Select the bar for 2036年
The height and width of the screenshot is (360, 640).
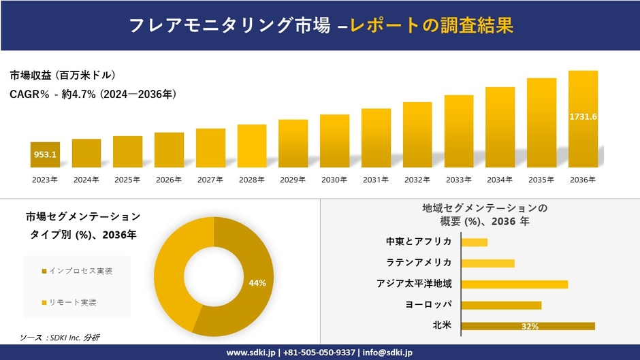click(x=583, y=119)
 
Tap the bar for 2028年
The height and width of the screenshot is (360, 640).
click(x=252, y=146)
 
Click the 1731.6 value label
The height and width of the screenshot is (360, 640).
click(x=583, y=117)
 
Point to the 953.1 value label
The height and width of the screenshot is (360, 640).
click(x=45, y=154)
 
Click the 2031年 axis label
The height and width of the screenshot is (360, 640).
click(x=376, y=180)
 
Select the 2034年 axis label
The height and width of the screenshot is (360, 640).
click(x=500, y=180)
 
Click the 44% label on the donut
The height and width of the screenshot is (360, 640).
click(x=257, y=283)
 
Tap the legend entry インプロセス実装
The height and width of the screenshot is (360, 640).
click(x=77, y=271)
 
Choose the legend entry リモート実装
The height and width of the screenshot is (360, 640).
click(x=72, y=302)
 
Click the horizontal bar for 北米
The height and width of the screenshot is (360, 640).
click(x=528, y=326)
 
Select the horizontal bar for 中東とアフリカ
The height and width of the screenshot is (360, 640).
click(x=475, y=242)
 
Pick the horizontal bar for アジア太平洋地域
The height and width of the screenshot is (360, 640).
click(x=514, y=284)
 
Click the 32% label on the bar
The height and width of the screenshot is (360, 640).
click(x=530, y=327)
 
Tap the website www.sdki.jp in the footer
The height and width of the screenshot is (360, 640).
click(x=251, y=353)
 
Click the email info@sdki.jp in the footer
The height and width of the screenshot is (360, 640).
click(x=388, y=353)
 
